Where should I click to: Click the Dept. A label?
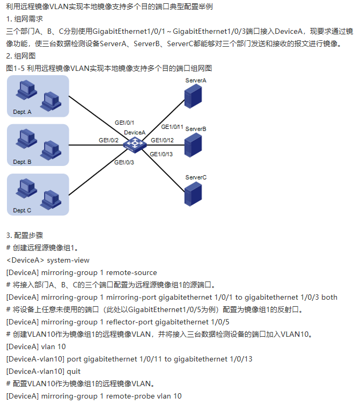click(23, 112)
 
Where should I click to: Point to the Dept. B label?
click(23, 162)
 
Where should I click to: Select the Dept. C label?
click(23, 211)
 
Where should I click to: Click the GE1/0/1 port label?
click(124, 122)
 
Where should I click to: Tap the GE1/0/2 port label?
click(108, 140)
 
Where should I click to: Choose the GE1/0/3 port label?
click(124, 162)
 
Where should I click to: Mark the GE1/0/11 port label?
click(172, 127)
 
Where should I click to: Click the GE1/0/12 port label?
click(162, 140)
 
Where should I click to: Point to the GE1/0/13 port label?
click(161, 154)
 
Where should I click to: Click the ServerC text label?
click(196, 177)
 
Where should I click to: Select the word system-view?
click(68, 261)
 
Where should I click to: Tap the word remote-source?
click(132, 273)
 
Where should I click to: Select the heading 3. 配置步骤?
click(25, 236)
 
